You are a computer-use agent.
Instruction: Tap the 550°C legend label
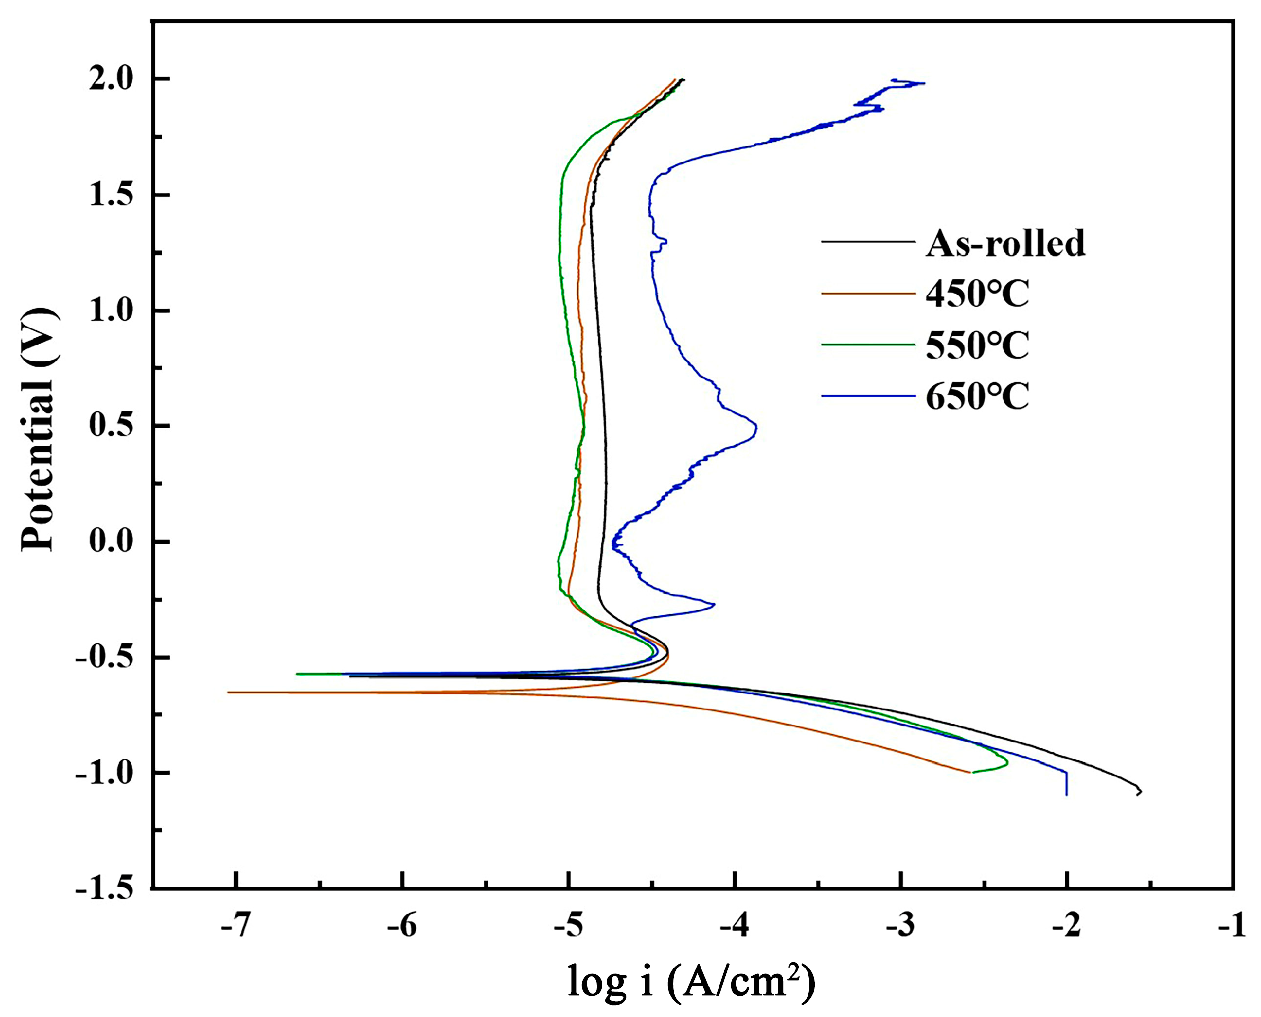click(x=977, y=345)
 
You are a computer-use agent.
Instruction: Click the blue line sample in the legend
click(x=867, y=396)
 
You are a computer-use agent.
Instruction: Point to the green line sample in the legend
click(x=867, y=345)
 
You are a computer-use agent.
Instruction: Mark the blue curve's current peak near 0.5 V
click(x=756, y=428)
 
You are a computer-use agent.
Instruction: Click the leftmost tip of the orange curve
click(x=228, y=692)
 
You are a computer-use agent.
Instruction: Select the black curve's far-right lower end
click(x=1139, y=792)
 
